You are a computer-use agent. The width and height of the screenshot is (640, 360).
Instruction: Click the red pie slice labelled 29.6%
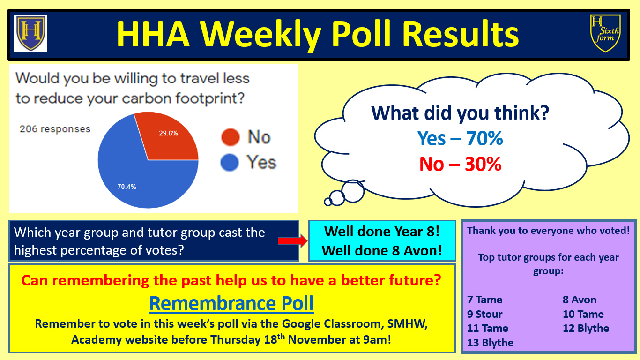click(x=169, y=137)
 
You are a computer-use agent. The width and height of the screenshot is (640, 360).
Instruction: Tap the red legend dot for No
click(x=231, y=137)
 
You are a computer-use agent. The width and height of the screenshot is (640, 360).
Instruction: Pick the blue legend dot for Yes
click(x=230, y=162)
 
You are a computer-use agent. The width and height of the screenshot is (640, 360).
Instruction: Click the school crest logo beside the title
click(x=30, y=33)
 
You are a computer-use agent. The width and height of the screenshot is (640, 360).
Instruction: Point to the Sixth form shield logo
click(x=605, y=33)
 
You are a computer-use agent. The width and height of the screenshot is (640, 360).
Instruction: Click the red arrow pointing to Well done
click(x=292, y=241)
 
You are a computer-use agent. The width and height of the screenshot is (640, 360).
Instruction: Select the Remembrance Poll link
click(x=231, y=303)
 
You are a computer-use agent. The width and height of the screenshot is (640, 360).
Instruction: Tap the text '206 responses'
click(x=55, y=129)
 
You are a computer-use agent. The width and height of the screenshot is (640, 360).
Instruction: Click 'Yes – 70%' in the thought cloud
click(x=460, y=138)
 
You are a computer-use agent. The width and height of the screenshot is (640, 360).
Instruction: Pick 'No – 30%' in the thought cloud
click(x=460, y=164)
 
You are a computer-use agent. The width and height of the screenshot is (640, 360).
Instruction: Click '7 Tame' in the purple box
click(x=484, y=300)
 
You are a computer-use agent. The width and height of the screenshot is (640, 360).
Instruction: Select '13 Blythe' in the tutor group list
click(x=490, y=343)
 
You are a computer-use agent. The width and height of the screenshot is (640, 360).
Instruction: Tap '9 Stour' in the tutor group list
click(x=484, y=314)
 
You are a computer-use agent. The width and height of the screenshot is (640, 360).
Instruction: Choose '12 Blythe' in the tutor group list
click(x=586, y=328)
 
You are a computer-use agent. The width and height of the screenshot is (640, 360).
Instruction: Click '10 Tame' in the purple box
click(x=583, y=314)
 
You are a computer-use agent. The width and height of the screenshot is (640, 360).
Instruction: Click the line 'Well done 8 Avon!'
click(x=382, y=251)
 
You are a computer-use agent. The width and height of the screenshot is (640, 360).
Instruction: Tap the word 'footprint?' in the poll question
click(x=210, y=98)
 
